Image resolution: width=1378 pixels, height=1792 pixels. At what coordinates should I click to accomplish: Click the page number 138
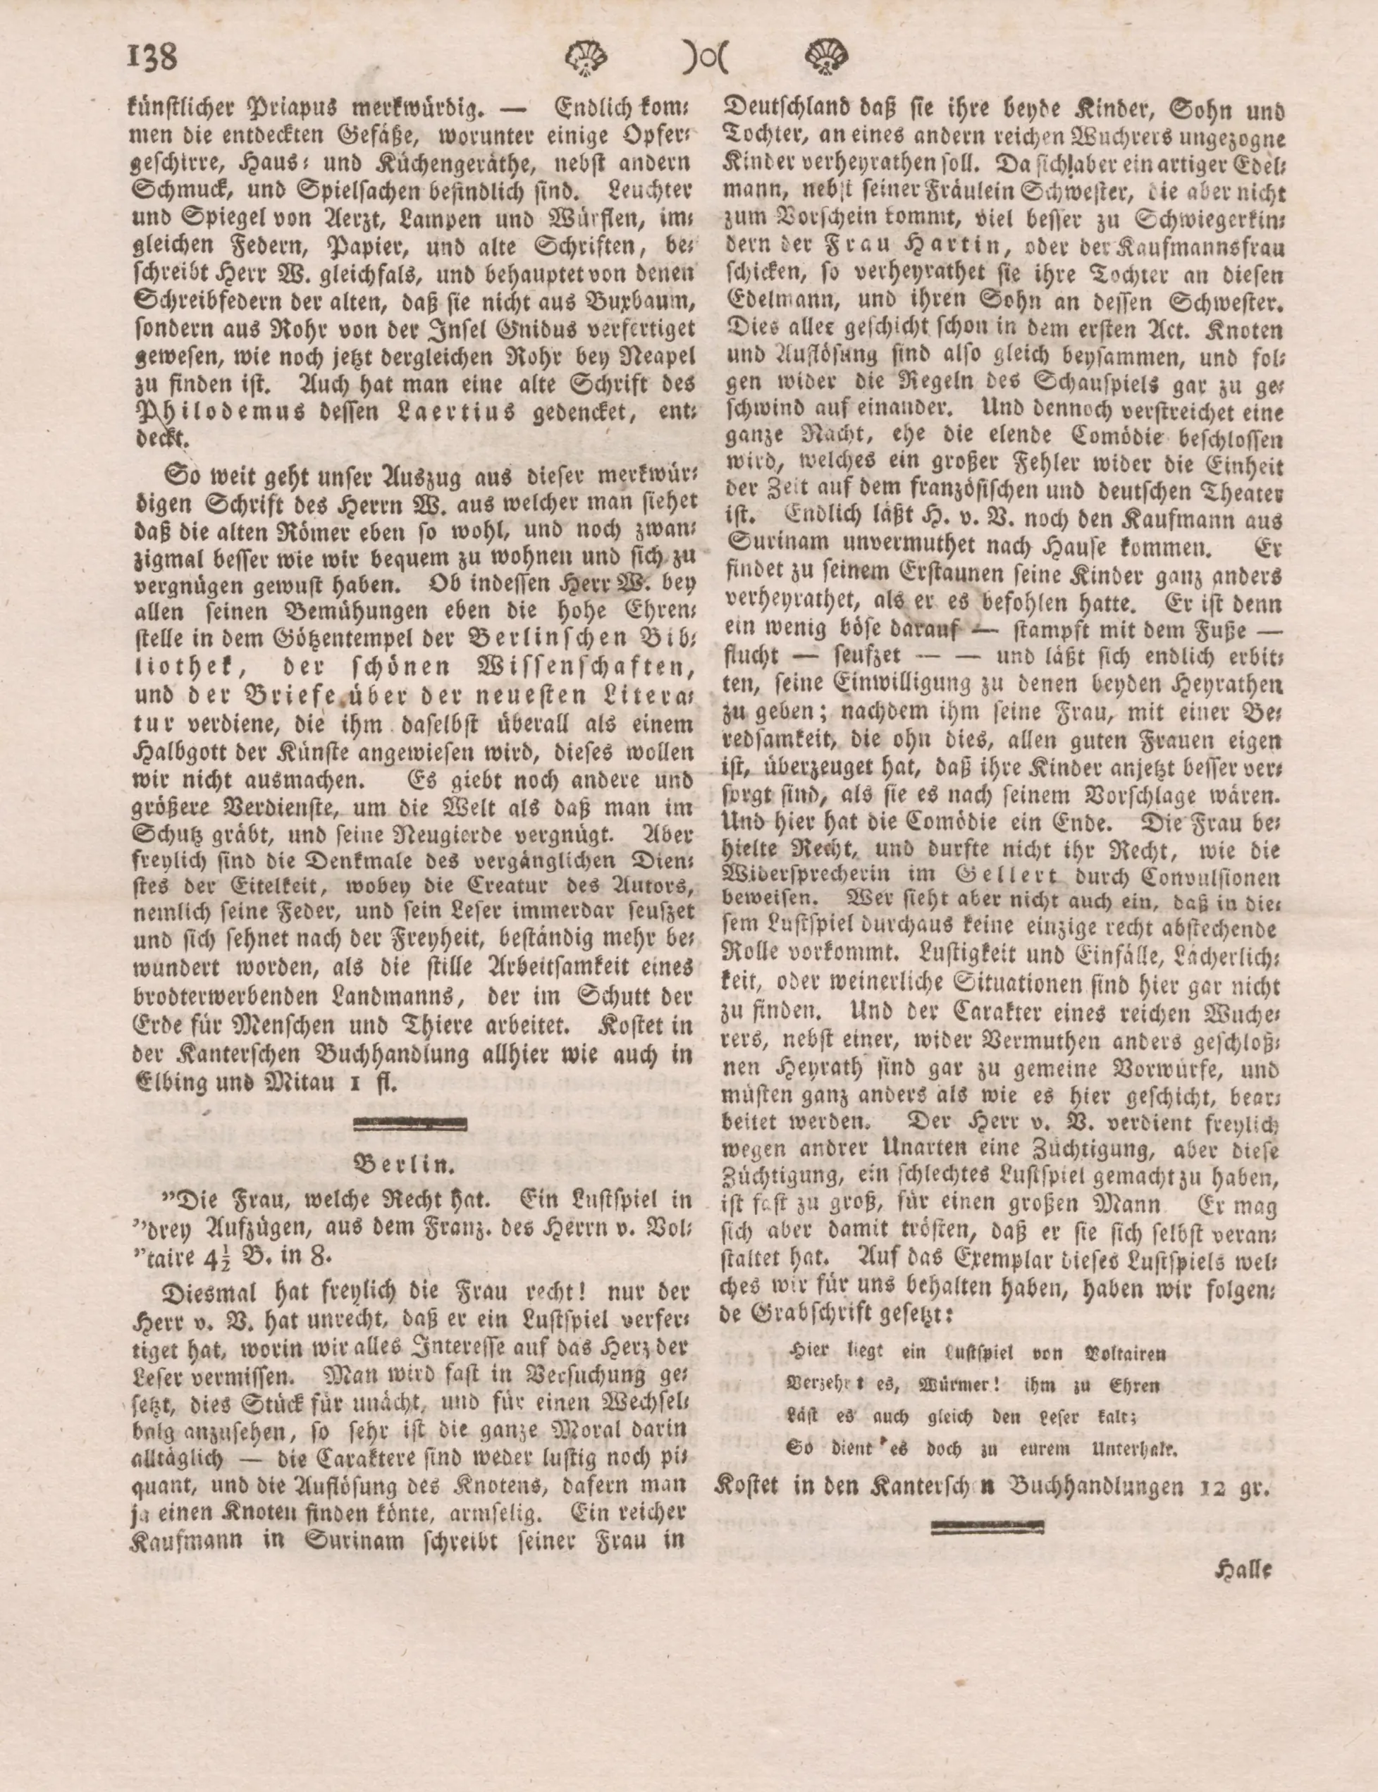point(152,59)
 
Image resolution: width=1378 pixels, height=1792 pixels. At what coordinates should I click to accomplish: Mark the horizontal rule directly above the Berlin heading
point(409,1123)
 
